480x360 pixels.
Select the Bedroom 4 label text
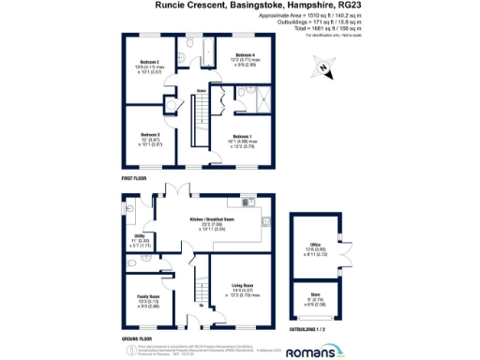(246, 55)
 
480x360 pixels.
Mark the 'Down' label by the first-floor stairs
(201, 91)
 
